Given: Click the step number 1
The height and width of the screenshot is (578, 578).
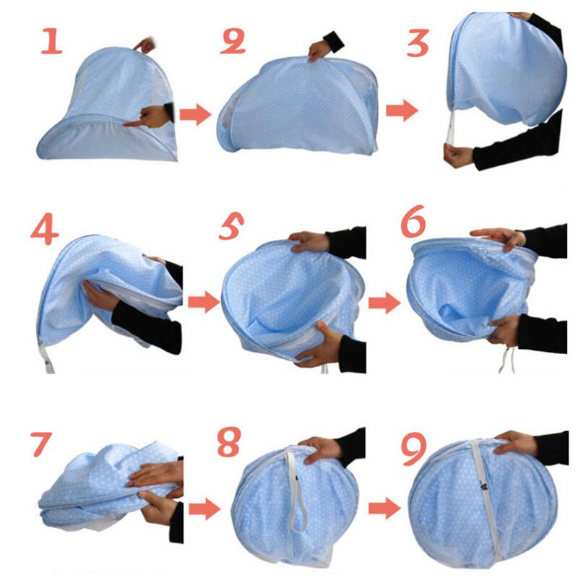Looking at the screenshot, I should pyautogui.click(x=51, y=42).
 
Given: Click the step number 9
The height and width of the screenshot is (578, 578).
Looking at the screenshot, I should pyautogui.click(x=413, y=449).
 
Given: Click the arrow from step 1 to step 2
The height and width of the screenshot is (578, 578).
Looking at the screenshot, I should pyautogui.click(x=194, y=114).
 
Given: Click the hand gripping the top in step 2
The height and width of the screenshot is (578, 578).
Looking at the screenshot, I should pyautogui.click(x=319, y=50).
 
